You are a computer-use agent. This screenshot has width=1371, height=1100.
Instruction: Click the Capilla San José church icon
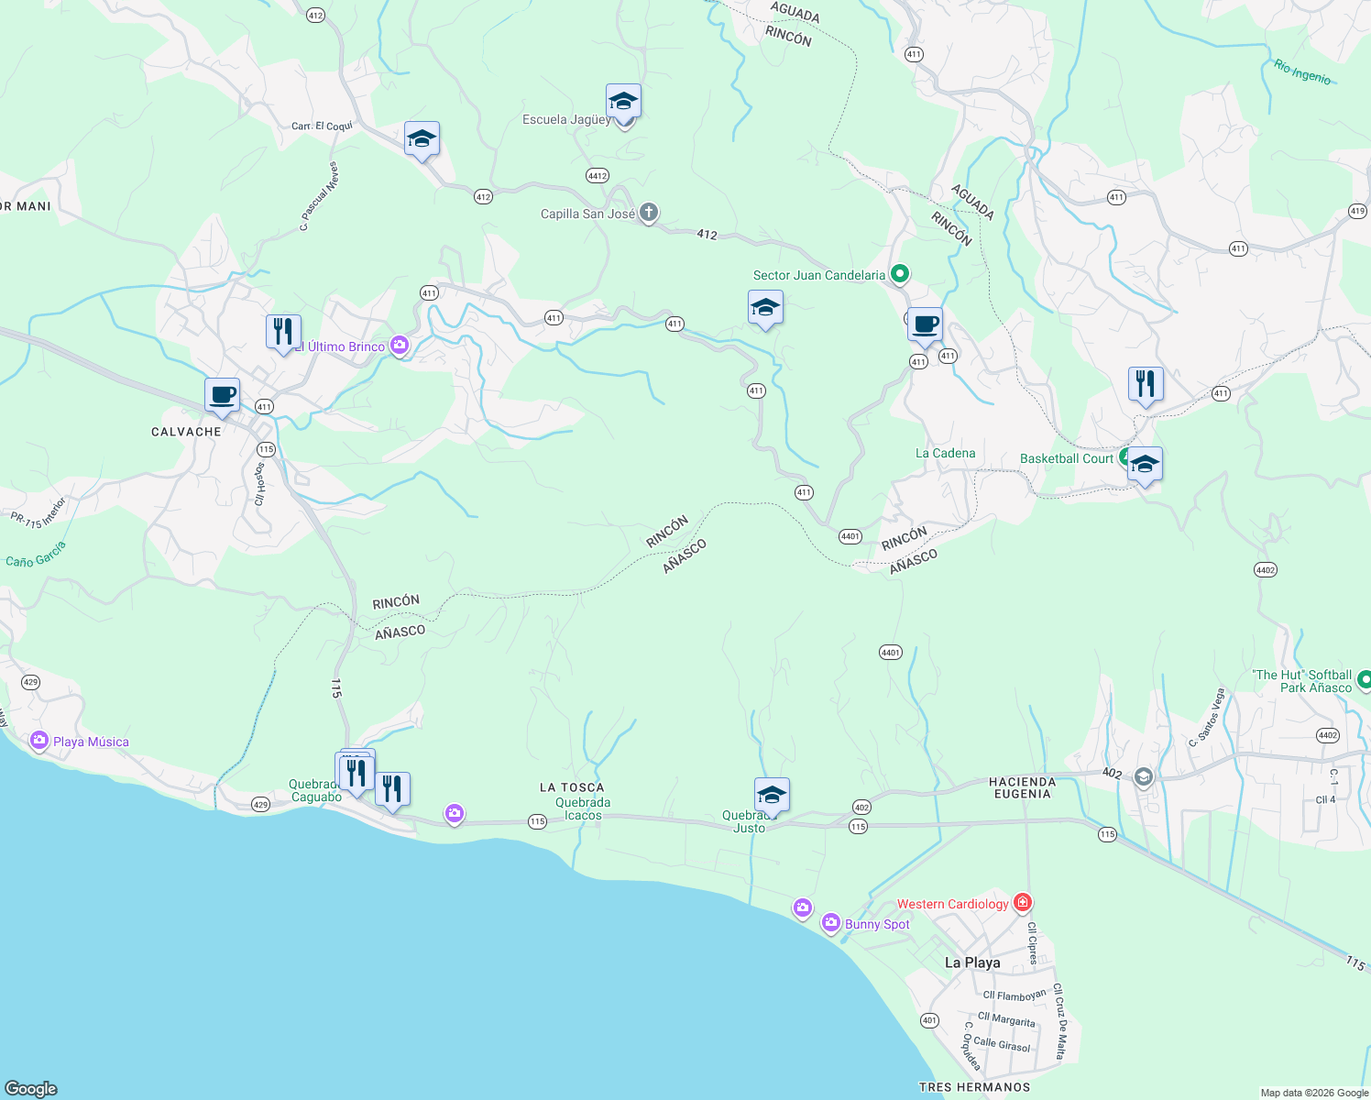tap(649, 214)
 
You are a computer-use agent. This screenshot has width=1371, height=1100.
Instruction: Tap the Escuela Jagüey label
tap(566, 120)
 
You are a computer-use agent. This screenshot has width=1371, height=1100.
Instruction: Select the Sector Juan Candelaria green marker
tap(900, 274)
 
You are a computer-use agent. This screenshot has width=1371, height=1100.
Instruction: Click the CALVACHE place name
tap(186, 432)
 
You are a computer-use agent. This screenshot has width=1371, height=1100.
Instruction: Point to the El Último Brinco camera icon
tap(399, 346)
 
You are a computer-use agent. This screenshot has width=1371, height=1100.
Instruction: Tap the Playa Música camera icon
tap(38, 741)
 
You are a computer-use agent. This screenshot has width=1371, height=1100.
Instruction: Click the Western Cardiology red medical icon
tap(1023, 903)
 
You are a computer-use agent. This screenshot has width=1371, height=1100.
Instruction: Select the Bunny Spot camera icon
tap(831, 923)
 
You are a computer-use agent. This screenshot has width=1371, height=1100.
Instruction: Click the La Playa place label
tap(972, 962)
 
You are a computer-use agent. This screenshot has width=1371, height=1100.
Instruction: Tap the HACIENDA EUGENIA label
tap(1023, 787)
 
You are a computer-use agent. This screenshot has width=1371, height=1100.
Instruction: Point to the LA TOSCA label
tap(572, 787)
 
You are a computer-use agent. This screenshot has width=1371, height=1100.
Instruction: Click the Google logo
tap(31, 1089)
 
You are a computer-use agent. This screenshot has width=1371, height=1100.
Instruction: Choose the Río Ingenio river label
tap(1302, 71)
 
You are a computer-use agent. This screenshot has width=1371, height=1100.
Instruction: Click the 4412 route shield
tap(598, 175)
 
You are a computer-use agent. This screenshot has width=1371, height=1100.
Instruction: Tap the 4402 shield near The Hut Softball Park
tap(1327, 735)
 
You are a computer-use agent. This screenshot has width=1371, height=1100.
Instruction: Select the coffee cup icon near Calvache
tap(222, 396)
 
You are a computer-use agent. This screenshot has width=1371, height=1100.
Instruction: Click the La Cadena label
tap(945, 453)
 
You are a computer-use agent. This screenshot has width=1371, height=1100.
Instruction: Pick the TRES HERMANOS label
tap(974, 1087)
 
